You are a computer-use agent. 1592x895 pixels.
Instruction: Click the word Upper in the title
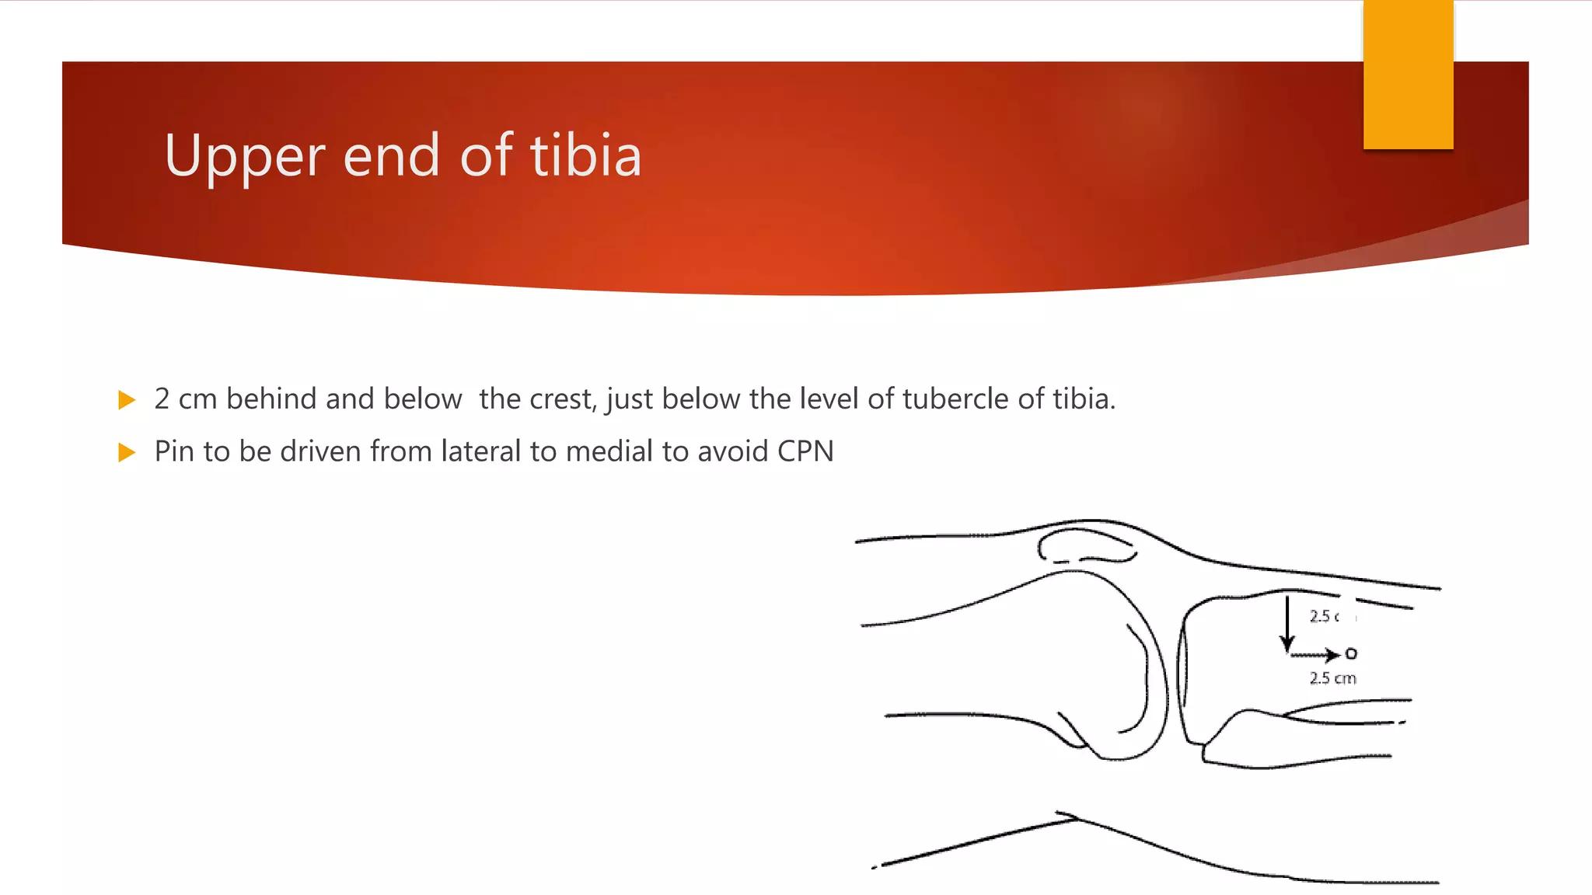click(x=244, y=156)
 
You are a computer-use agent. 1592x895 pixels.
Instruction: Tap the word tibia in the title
click(x=586, y=155)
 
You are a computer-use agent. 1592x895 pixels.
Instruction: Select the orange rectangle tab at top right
click(x=1408, y=75)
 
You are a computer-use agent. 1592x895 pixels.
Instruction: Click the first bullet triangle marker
click(x=127, y=400)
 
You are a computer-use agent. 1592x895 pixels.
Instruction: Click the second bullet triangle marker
click(x=127, y=452)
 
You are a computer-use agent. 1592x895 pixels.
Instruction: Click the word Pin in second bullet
click(x=175, y=451)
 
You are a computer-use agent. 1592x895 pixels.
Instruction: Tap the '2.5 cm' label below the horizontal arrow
click(x=1332, y=678)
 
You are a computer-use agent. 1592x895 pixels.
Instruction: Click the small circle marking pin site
click(x=1351, y=654)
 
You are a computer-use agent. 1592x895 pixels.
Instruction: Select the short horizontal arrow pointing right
click(x=1314, y=655)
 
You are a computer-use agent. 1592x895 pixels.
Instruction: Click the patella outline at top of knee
click(x=1086, y=545)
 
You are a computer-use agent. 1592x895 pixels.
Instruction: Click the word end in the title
click(x=391, y=156)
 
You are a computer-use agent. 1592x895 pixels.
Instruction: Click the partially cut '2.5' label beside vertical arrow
click(x=1325, y=617)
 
